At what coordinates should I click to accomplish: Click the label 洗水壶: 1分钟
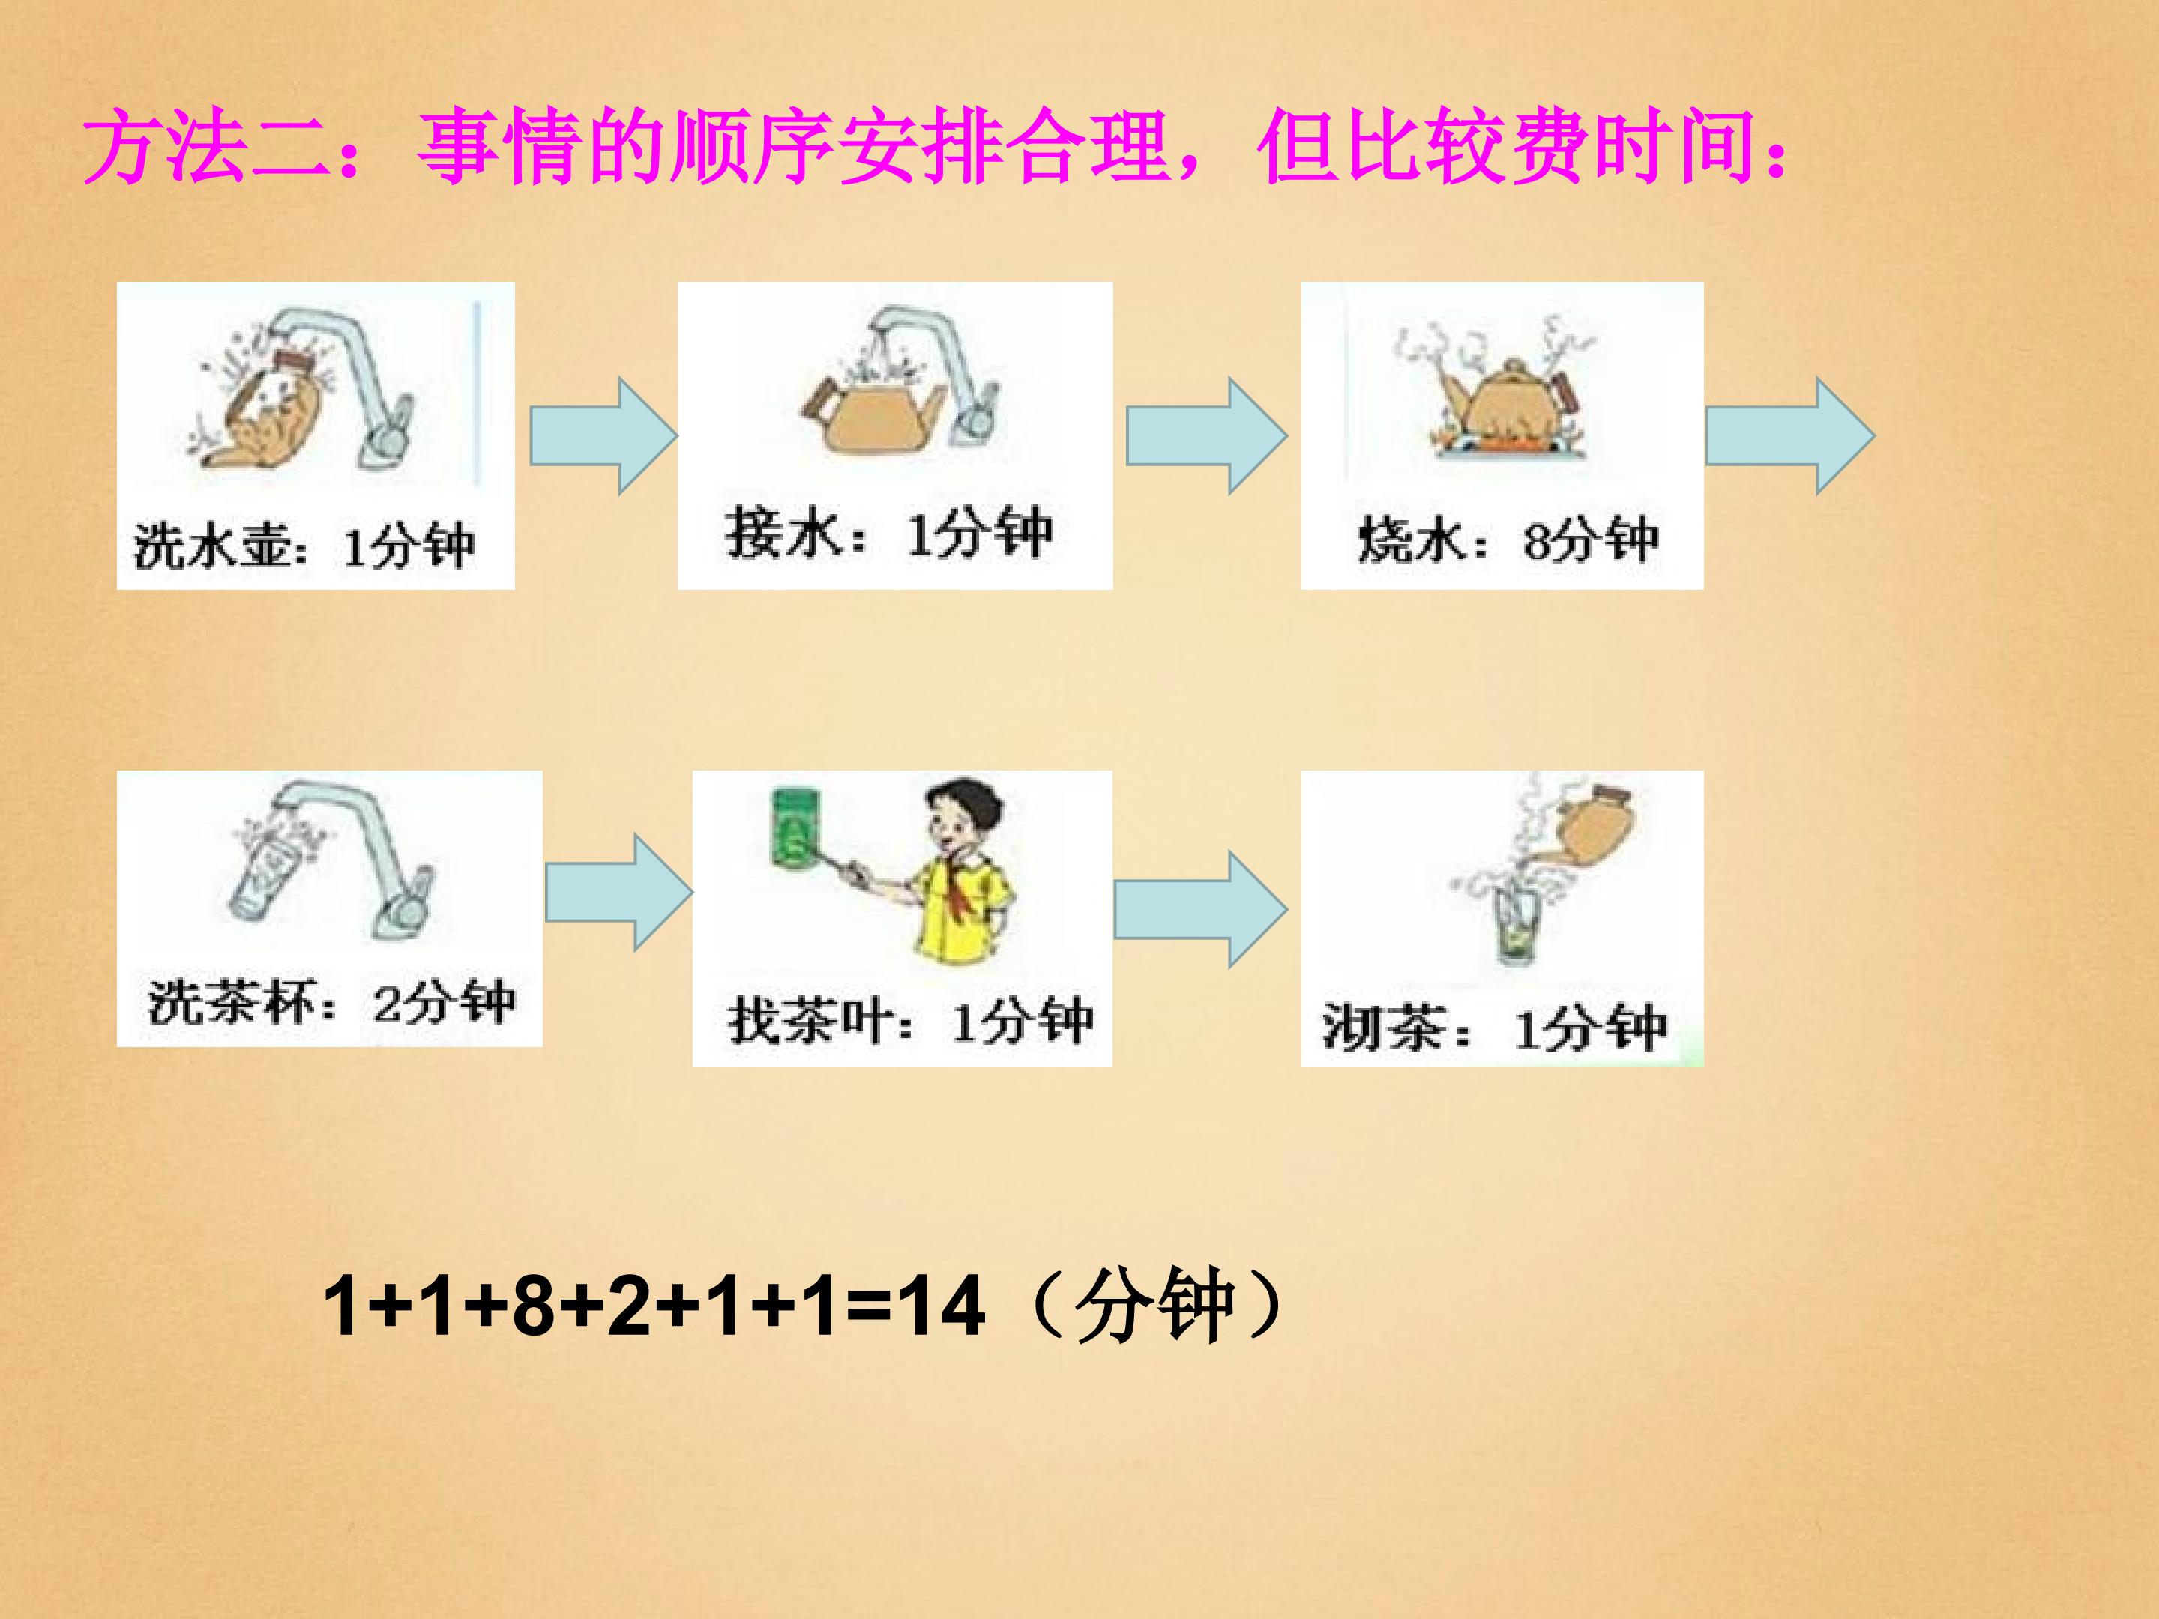point(304,546)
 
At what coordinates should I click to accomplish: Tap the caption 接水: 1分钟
point(889,534)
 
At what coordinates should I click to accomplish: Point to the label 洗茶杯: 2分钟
point(332,1002)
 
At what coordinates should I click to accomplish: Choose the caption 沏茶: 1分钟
point(1494,1028)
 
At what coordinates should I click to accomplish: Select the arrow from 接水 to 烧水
point(1206,436)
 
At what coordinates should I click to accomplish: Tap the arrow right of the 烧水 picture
point(1790,436)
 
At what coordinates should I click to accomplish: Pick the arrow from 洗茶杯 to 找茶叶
point(618,892)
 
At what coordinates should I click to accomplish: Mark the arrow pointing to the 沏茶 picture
point(1200,909)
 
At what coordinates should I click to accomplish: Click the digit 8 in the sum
point(533,1306)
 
